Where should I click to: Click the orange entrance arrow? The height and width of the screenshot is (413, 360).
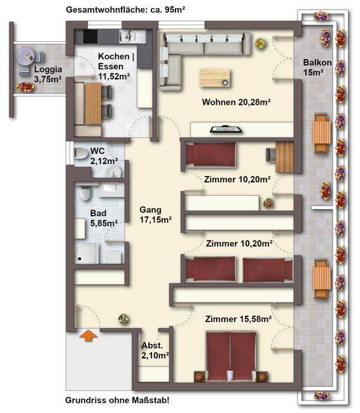pos(88,336)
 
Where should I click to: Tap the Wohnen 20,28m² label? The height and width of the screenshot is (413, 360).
pos(237,102)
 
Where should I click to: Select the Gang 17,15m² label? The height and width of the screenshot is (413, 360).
pos(156,215)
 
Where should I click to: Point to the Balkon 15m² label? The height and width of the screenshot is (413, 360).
pos(317,67)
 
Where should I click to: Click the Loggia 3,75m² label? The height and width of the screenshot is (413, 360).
pos(48,74)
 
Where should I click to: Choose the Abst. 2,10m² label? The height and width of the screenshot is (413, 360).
pos(155,350)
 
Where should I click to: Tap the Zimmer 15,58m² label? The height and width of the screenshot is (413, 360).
pos(239,319)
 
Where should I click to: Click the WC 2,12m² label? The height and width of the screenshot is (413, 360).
pos(104,156)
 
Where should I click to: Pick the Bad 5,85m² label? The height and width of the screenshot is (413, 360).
pos(104,218)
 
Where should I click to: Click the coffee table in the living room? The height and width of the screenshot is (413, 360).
pos(215,78)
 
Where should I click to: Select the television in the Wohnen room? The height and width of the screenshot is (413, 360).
pos(226,130)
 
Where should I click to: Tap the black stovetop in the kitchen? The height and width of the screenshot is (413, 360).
pos(90,37)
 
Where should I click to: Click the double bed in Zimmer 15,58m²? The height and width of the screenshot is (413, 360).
pos(231,356)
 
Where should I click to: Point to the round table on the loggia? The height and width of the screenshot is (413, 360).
pos(25,56)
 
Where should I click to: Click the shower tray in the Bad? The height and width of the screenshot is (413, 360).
pos(87,254)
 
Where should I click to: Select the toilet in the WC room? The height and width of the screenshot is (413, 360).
pos(81,154)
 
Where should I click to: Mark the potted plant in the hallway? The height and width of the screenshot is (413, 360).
pos(123,319)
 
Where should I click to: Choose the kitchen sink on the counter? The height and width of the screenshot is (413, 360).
pos(127,37)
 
